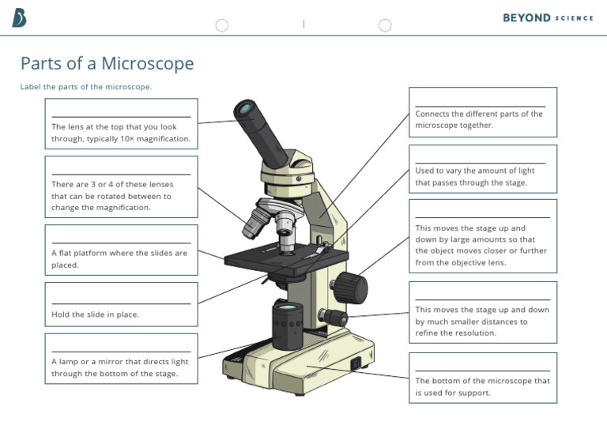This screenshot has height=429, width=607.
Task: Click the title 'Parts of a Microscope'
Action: point(107,64)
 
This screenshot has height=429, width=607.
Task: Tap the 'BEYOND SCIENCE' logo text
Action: point(548,18)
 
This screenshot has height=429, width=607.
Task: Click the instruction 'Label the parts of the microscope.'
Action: point(86,87)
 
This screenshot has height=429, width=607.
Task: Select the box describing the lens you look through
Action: point(121,125)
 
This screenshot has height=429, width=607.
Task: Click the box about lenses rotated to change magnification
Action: point(121,187)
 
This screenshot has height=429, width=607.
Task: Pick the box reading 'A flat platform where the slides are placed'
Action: point(121,250)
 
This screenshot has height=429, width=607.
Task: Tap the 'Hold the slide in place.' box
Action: point(121,305)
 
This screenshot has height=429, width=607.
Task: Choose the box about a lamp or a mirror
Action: point(121,359)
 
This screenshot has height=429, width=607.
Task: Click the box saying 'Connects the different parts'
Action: point(482,112)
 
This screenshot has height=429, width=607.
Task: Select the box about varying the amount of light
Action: point(482,169)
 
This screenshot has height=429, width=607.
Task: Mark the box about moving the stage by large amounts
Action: point(482,235)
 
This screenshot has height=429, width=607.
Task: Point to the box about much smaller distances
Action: point(482,312)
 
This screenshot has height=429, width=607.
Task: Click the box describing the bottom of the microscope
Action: point(482,378)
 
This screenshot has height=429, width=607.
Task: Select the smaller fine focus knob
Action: point(336,318)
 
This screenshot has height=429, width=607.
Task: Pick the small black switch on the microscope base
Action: point(355,364)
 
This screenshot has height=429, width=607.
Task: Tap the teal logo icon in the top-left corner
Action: point(19,18)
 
